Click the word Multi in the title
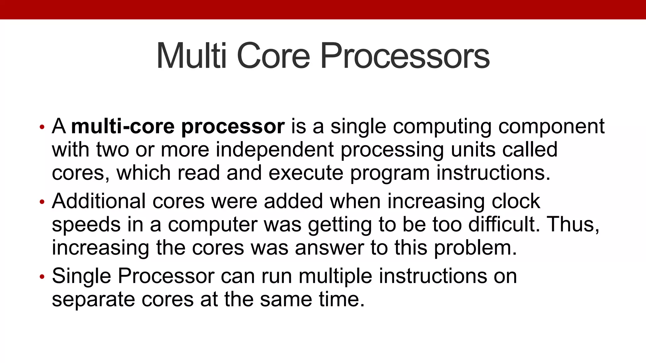191,56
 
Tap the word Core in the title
273,56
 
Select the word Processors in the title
405,56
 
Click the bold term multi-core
123,126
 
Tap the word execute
306,173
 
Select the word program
390,174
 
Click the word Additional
99,201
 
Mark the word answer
329,248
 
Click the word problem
475,248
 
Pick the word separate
93,300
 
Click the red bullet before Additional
42,202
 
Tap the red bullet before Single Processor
42,277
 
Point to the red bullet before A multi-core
42,127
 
